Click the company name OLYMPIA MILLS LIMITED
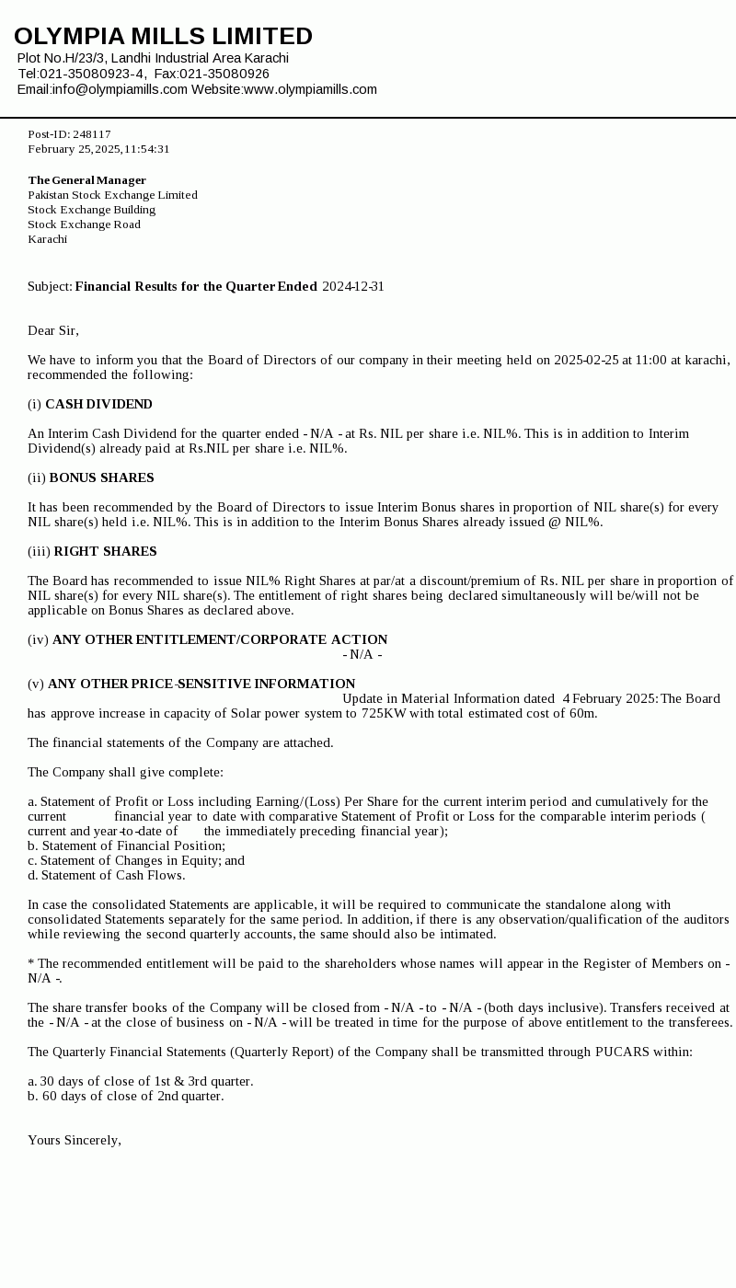(163, 37)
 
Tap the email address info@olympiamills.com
(120, 89)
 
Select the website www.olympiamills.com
(310, 89)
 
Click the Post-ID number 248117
(91, 134)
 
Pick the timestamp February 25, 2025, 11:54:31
(98, 149)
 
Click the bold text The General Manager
(86, 180)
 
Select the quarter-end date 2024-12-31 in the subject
(353, 286)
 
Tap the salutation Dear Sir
(52, 330)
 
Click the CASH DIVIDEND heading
(98, 404)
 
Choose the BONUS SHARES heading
(101, 477)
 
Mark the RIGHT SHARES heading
(105, 551)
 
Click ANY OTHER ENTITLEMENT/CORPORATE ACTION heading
(220, 639)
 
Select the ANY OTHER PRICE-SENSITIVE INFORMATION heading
(201, 684)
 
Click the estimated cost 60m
(583, 713)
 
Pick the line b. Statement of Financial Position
(126, 845)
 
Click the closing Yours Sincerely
(74, 1140)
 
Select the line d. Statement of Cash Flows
(106, 875)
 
